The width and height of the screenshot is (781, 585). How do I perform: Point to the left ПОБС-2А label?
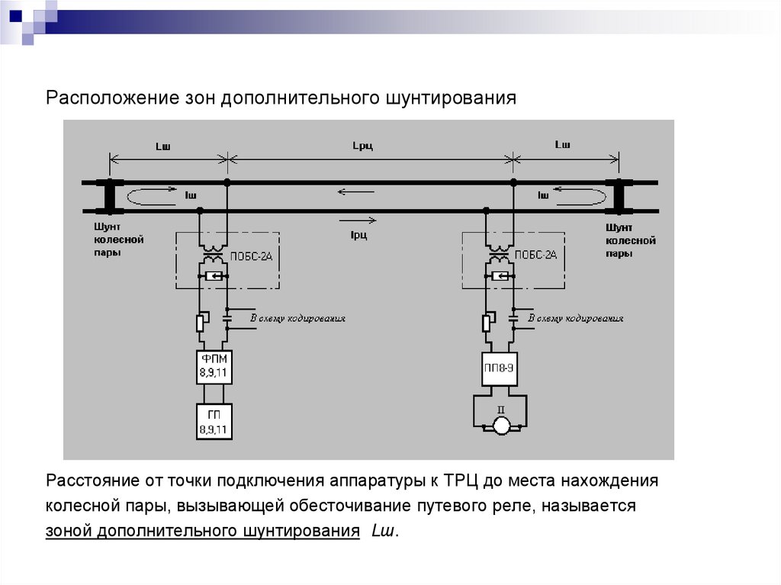point(250,256)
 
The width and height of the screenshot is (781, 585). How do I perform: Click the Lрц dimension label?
point(362,145)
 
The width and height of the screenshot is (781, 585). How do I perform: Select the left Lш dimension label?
point(163,144)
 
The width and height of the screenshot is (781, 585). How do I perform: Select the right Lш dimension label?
point(562,144)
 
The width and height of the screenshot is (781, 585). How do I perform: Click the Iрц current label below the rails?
point(358,235)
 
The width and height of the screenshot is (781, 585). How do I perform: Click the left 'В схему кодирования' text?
point(298,318)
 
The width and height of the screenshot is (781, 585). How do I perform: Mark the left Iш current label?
point(191,196)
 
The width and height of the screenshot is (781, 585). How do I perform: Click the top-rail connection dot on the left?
point(227,182)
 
